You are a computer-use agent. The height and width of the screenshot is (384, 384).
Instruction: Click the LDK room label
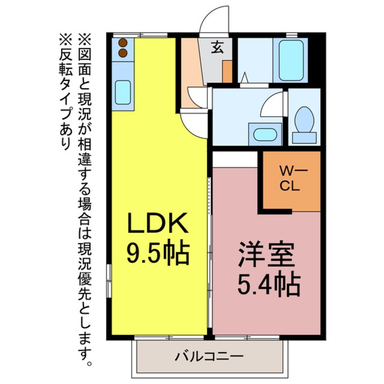pyautogui.click(x=157, y=224)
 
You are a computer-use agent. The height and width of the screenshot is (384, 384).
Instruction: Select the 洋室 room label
pyautogui.click(x=267, y=255)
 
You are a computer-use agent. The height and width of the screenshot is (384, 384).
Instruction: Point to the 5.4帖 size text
pyautogui.click(x=267, y=285)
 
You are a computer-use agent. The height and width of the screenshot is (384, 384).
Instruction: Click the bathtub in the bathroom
pyautogui.click(x=290, y=60)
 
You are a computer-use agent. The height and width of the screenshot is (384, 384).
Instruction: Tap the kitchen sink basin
pyautogui.click(x=123, y=92)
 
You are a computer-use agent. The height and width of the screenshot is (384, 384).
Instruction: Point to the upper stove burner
pyautogui.click(x=123, y=43)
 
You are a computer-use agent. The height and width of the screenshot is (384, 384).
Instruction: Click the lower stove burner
pyautogui.click(x=123, y=53)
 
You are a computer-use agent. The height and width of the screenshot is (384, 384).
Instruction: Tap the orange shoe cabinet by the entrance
pyautogui.click(x=227, y=72)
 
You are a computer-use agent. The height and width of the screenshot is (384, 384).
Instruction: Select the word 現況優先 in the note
pyautogui.click(x=85, y=272)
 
